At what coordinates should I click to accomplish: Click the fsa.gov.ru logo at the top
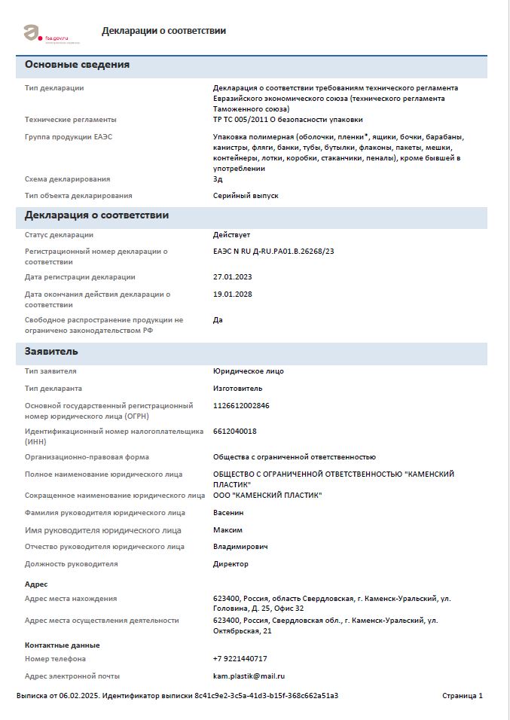[47, 33]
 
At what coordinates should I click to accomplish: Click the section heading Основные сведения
[77, 65]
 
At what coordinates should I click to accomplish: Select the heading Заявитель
[51, 352]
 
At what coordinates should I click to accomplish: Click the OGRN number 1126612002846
[241, 406]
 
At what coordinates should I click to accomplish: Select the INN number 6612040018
[235, 432]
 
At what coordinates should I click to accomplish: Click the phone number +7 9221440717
[240, 659]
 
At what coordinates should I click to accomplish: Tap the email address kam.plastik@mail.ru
[249, 676]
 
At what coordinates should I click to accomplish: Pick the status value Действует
[232, 235]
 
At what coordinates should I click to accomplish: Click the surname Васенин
[229, 513]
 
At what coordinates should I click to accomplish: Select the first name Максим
[228, 530]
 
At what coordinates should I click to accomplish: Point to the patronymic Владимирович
[240, 547]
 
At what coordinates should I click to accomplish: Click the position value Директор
[231, 564]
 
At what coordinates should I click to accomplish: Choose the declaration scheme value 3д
[218, 179]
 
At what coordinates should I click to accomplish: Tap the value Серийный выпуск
[246, 196]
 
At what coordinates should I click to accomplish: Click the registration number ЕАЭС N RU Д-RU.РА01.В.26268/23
[273, 251]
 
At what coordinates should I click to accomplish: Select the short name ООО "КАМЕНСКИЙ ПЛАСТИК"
[267, 496]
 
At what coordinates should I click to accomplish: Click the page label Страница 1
[463, 696]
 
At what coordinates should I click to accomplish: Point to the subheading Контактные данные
[62, 645]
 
